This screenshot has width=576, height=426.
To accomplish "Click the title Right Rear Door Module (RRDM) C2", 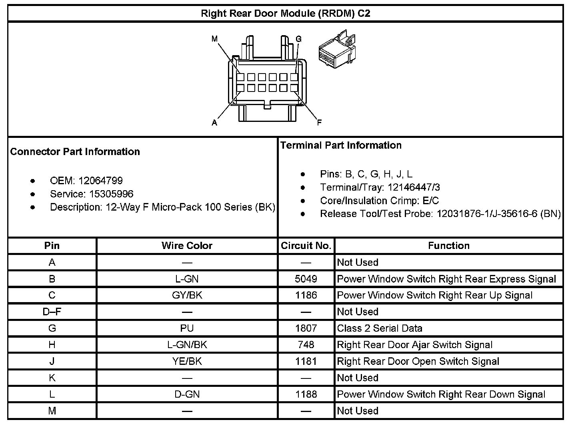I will [x=285, y=14].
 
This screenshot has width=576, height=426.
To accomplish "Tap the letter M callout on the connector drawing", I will [x=215, y=39].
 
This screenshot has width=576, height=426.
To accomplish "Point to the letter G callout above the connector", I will [x=298, y=39].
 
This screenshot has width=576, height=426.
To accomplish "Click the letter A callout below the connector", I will [x=214, y=123].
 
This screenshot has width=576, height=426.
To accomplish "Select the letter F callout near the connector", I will [x=319, y=123].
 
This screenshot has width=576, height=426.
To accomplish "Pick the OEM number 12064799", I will [x=100, y=181].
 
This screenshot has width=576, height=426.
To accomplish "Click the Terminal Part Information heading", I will [x=341, y=145].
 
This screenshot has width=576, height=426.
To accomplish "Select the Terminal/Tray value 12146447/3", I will [x=414, y=187].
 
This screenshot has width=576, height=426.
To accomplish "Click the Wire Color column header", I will [x=187, y=245].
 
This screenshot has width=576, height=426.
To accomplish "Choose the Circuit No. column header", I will [x=306, y=245].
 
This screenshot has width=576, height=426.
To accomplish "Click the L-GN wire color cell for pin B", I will [x=187, y=279].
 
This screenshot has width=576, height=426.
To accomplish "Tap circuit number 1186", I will [x=306, y=295].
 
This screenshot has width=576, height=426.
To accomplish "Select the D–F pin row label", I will [x=52, y=312].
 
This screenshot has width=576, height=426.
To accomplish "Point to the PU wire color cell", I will [x=187, y=328].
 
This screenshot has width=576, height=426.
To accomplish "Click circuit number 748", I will [x=306, y=344].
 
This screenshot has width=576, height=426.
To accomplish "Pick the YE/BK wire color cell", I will [x=187, y=361].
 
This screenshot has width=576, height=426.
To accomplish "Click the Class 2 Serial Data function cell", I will [x=379, y=328].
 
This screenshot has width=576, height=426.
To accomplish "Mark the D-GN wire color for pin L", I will [x=187, y=394].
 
